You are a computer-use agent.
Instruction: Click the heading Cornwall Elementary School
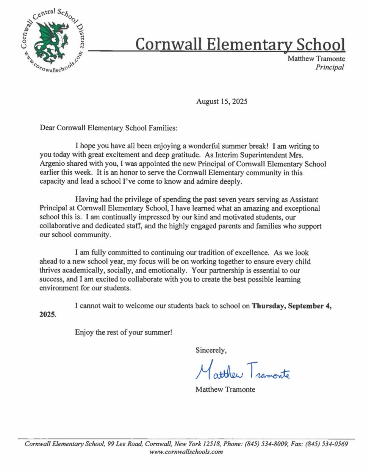(240, 45)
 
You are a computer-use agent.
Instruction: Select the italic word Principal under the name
(329, 67)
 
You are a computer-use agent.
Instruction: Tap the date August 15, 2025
(222, 102)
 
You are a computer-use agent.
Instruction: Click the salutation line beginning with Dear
(109, 128)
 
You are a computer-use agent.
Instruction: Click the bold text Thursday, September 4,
(292, 306)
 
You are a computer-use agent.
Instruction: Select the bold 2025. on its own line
(48, 315)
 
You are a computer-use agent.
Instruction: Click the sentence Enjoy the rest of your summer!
(123, 333)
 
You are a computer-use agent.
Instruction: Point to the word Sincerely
(211, 350)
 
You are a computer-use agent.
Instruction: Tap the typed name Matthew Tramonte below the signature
(225, 390)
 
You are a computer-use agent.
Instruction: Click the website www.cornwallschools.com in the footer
(186, 452)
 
